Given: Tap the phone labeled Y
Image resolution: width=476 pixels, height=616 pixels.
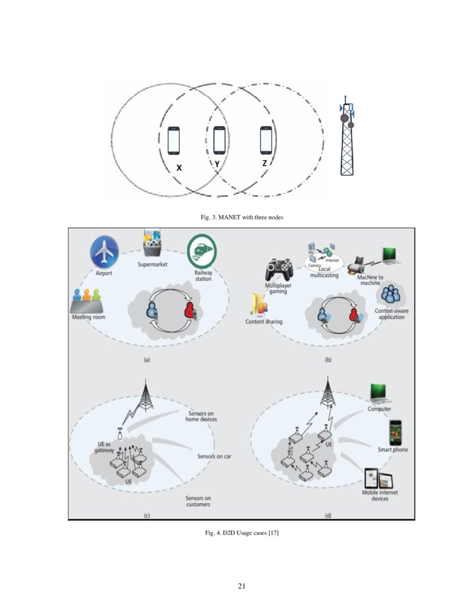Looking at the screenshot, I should click(219, 140).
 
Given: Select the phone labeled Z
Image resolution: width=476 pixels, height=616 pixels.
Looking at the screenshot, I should click(266, 140).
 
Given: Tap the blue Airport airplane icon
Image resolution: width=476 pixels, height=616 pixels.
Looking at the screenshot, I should click(104, 252).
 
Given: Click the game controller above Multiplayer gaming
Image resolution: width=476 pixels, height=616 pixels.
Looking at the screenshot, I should click(279, 269).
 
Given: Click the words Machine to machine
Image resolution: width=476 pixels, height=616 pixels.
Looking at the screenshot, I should click(370, 279).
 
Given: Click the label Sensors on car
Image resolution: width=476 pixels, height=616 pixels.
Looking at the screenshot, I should click(214, 456).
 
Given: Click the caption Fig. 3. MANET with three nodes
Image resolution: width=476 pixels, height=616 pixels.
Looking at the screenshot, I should click(238, 217).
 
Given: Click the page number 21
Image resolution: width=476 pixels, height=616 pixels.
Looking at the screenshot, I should click(242, 586).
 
